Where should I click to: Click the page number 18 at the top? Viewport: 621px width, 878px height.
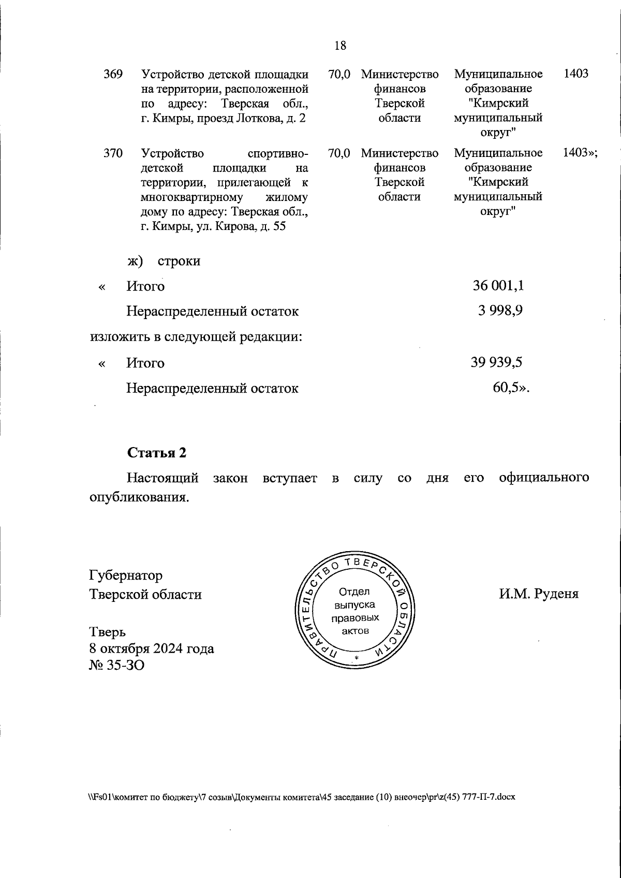(340, 46)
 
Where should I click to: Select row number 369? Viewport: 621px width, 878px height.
(113, 74)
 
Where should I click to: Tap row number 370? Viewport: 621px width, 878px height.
(113, 153)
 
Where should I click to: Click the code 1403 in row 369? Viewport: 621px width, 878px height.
(575, 74)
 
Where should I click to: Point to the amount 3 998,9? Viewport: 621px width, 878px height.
(500, 311)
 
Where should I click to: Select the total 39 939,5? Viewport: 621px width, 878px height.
(496, 363)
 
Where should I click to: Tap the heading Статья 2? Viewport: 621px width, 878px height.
(157, 452)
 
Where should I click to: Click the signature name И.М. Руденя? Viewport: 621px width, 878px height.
(538, 594)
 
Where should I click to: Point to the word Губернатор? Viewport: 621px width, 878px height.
(126, 575)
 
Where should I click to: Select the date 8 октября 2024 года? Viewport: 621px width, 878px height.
(152, 648)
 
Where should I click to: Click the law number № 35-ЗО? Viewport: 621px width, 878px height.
(117, 665)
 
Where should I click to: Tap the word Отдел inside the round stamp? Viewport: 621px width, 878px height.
(354, 592)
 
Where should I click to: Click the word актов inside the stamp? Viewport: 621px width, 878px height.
(356, 631)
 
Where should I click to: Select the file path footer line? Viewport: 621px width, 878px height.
(302, 797)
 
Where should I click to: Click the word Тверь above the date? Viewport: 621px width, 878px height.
(107, 631)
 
